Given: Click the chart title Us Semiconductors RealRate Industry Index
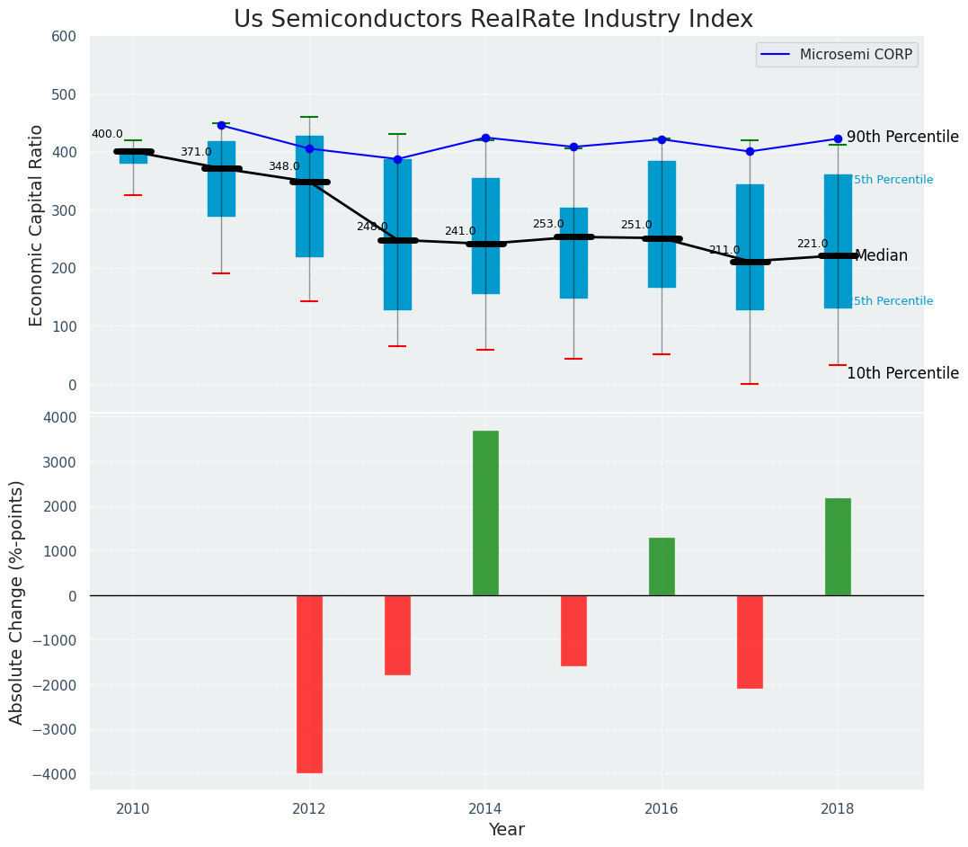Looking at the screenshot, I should tap(493, 20).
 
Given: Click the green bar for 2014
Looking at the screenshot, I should tap(485, 513).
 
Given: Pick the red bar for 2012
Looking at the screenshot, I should tap(309, 683).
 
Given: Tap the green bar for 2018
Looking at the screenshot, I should tap(838, 547).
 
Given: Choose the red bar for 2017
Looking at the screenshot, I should tap(750, 642).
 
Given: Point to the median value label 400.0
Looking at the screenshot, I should tap(107, 134).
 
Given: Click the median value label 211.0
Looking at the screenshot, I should tap(724, 250).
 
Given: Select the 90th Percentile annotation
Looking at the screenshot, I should tap(902, 138).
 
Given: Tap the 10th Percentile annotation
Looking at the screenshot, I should tap(902, 374).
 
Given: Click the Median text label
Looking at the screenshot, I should tap(881, 256).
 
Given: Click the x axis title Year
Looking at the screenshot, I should tap(506, 830).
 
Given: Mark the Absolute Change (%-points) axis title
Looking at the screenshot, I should tap(17, 602).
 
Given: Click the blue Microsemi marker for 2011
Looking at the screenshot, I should tap(221, 125).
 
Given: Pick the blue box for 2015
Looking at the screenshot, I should tap(573, 253).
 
